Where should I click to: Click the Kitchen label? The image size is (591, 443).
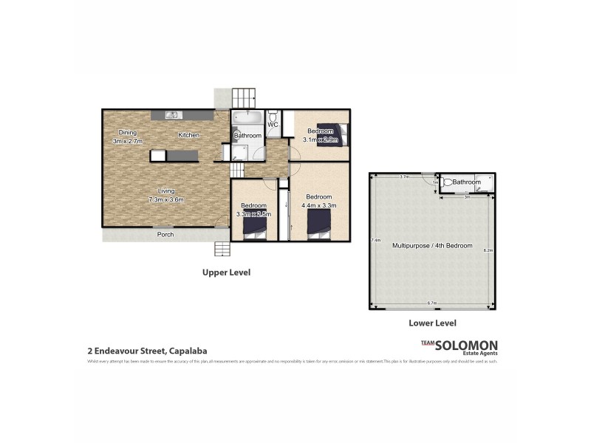click(188, 135)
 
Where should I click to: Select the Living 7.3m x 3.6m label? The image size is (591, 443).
click(165, 195)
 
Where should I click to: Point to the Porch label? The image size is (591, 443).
click(165, 235)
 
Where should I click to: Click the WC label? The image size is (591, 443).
click(273, 124)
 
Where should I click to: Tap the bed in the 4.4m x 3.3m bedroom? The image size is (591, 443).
click(319, 223)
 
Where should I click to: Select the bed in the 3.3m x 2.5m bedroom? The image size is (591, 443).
click(255, 225)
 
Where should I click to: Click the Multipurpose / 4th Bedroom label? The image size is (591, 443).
click(432, 245)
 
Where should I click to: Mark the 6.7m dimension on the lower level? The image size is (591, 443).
click(432, 303)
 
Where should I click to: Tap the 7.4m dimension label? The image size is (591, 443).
click(376, 240)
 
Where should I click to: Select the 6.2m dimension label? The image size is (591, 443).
click(488, 251)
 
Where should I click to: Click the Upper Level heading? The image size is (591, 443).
click(227, 272)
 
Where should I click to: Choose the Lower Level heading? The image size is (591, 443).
click(432, 323)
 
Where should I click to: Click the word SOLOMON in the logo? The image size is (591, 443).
click(466, 345)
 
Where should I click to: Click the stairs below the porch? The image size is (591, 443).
click(223, 248)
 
